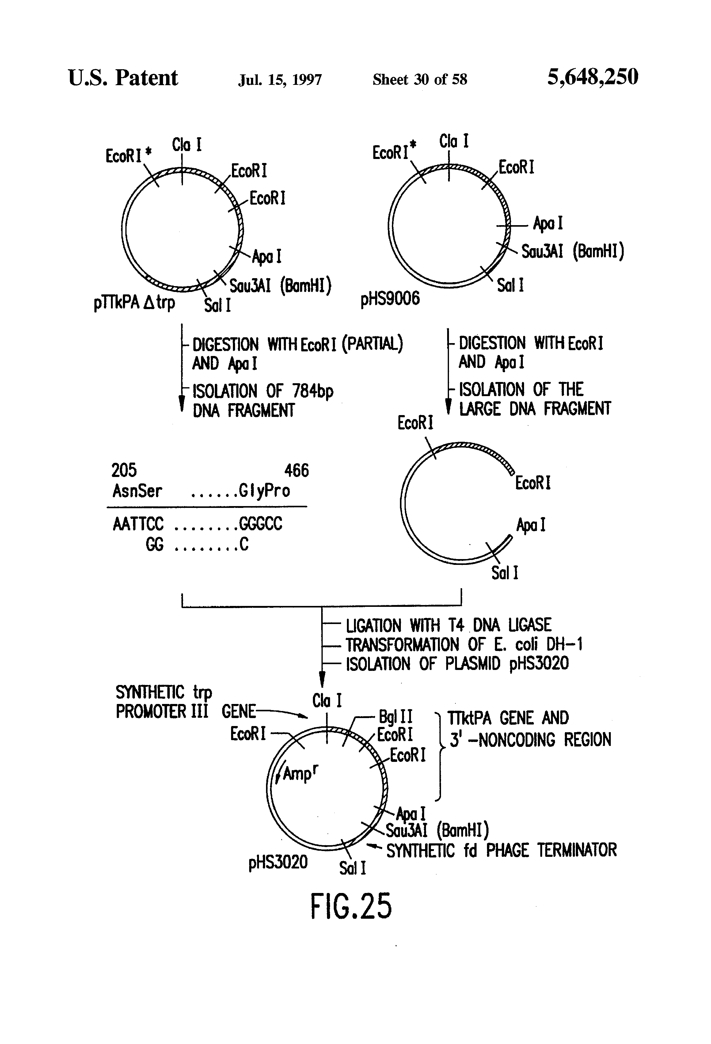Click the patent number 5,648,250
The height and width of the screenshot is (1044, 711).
pos(592,77)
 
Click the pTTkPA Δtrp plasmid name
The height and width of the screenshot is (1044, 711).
pos(134,302)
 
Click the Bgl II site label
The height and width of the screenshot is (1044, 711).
pos(396,717)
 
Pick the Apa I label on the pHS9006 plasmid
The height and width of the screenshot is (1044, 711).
pos(548,223)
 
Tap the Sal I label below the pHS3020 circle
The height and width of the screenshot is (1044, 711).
pos(352,868)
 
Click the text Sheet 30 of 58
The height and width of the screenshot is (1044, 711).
pos(420,80)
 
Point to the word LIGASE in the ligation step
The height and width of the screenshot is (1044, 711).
pos(530,625)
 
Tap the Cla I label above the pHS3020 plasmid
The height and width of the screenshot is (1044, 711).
pos(327,700)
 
